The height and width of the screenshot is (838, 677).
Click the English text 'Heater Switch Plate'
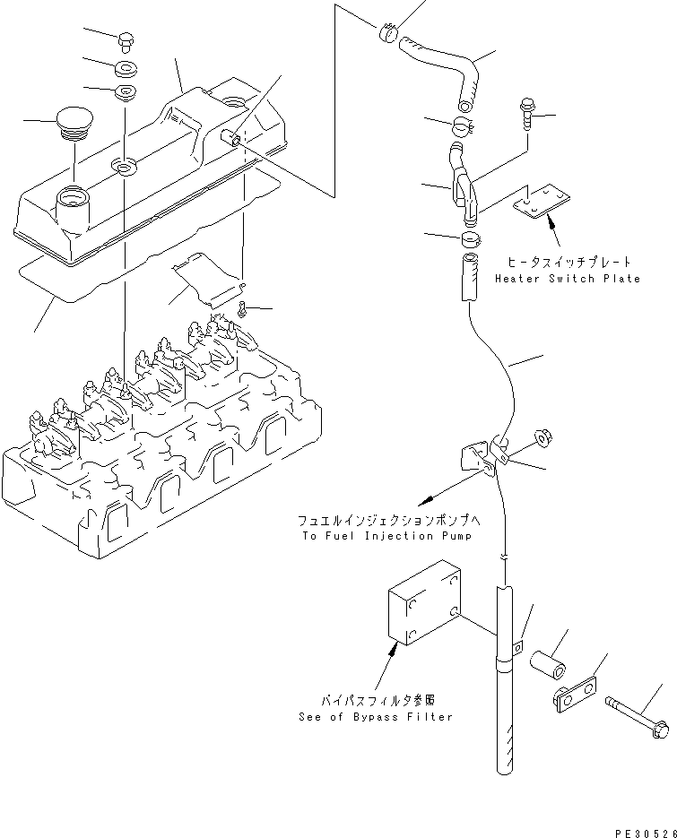(568, 279)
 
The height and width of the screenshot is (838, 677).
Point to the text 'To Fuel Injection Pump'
(386, 535)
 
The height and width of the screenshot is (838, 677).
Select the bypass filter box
(422, 605)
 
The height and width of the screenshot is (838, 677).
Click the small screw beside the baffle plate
(243, 309)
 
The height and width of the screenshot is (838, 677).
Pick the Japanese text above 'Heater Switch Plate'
(568, 262)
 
